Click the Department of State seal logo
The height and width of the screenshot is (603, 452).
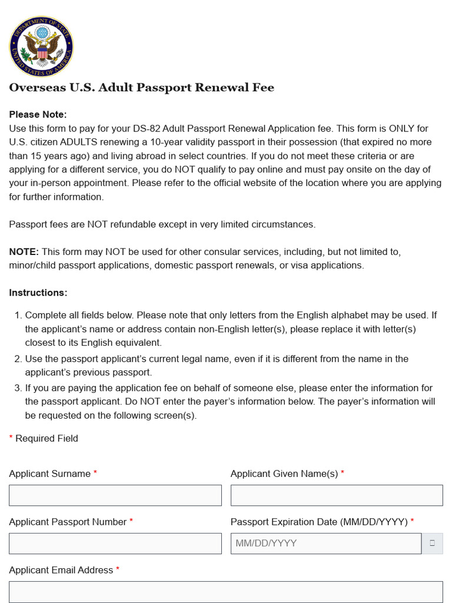[x=41, y=46]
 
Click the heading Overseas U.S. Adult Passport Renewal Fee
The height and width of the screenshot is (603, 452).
[x=141, y=88]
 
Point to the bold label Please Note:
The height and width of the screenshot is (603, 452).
[x=38, y=114]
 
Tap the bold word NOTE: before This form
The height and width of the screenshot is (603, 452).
[x=24, y=251]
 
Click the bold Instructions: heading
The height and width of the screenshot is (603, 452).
[x=38, y=293]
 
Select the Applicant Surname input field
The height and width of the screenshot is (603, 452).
[x=115, y=495]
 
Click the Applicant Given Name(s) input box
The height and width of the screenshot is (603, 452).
[x=336, y=495]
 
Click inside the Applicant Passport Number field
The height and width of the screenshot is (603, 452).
[x=115, y=544]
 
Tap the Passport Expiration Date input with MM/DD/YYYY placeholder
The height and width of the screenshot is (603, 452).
[x=325, y=544]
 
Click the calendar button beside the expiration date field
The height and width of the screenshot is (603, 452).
[x=432, y=544]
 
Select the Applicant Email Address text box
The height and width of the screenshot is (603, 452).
[x=225, y=591]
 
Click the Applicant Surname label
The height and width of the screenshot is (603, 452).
[x=49, y=473]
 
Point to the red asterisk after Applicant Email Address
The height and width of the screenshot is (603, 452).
[x=118, y=570]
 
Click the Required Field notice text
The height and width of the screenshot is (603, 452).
[x=46, y=438]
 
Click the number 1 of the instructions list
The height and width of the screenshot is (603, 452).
[x=18, y=315]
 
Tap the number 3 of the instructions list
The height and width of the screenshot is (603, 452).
[x=18, y=388]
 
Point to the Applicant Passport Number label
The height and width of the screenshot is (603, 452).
[x=68, y=522]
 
